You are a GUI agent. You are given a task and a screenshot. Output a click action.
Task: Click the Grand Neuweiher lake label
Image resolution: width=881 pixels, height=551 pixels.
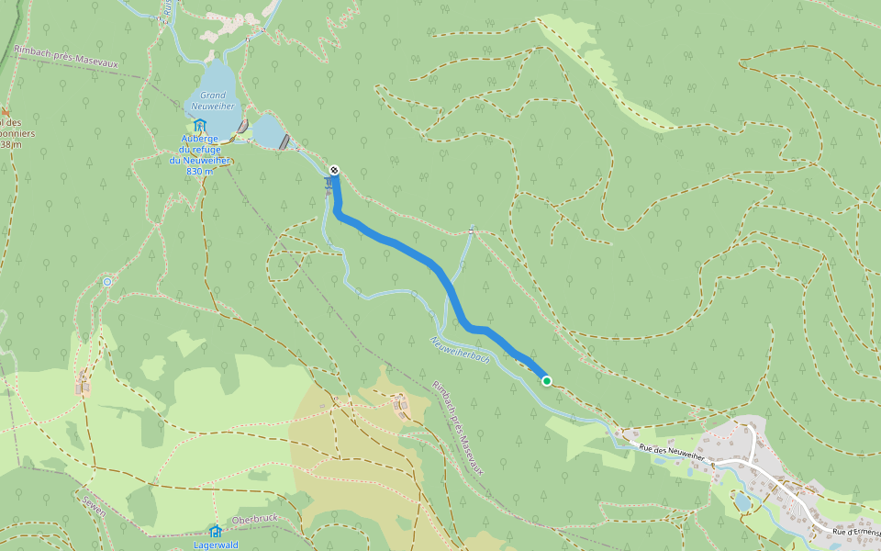point(213,100)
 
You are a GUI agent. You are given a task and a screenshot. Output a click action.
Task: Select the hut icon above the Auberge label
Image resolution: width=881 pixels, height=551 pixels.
point(199,126)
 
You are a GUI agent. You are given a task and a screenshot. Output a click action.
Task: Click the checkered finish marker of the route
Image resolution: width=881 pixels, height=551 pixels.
point(335,170)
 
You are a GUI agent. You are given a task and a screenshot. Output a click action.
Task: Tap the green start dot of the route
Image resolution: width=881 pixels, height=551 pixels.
point(547,380)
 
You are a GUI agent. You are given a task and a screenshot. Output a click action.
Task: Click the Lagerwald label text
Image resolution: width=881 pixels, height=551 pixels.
point(216,545)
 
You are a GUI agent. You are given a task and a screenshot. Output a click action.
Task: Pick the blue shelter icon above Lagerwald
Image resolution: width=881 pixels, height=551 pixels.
point(215,531)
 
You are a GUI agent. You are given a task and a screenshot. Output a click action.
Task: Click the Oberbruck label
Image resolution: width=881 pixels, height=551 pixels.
point(254,520)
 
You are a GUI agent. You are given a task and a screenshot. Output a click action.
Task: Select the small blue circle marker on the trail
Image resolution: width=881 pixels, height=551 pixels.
point(107,282)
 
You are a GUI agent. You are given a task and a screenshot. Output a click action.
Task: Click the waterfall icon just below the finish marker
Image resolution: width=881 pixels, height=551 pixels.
point(329,185)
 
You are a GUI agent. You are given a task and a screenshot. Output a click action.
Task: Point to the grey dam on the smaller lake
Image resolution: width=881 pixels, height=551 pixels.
point(285,141)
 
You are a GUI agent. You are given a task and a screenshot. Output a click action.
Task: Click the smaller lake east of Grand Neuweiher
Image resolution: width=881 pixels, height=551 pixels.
point(268,132)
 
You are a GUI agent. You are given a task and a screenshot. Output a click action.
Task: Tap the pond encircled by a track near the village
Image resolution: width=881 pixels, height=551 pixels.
point(742,501)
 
